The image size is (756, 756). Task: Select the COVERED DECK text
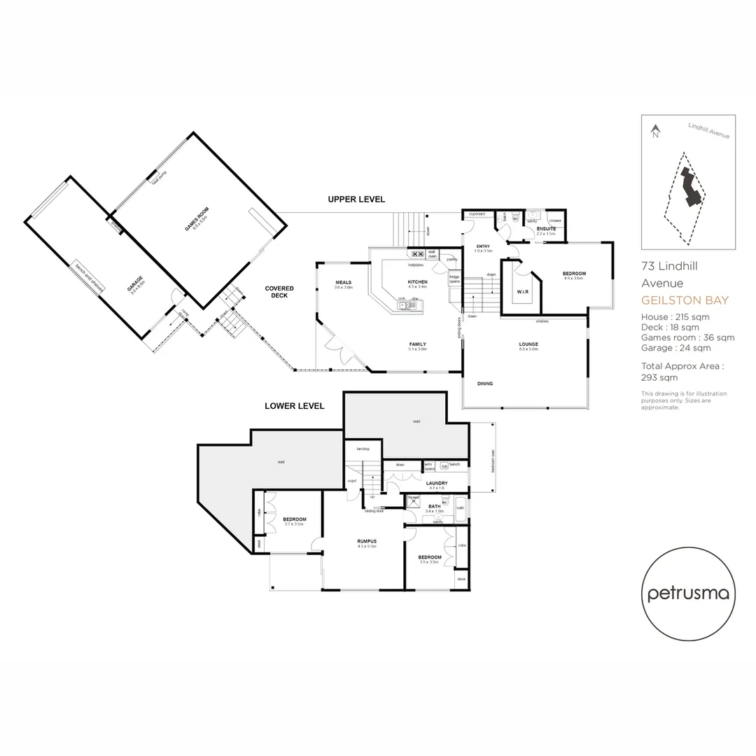pos(279,292)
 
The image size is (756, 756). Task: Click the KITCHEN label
pos(417,281)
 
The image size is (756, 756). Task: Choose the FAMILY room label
pos(417,344)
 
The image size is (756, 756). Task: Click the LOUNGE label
pos(528,344)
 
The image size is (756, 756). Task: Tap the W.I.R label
pos(522,291)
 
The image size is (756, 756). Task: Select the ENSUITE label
pos(546,229)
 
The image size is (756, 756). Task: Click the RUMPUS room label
pos(367,541)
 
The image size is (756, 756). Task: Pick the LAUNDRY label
pos(436,483)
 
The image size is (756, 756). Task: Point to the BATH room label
pos(434,506)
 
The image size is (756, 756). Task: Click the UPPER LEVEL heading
pos(356,199)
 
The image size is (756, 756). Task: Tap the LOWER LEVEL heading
pos(294,406)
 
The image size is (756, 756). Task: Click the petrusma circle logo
pos(688,594)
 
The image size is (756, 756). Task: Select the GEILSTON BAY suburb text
pos(685,300)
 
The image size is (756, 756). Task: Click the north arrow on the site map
pos(655,131)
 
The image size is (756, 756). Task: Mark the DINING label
pos(485,384)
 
